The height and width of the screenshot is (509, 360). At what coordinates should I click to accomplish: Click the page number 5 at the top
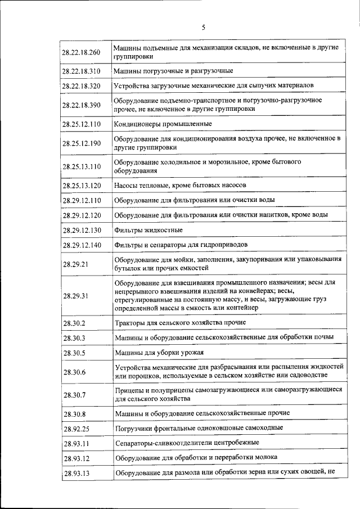(204, 27)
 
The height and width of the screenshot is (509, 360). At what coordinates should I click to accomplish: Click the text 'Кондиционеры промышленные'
(163, 124)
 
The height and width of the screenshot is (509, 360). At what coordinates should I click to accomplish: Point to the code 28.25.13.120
(82, 185)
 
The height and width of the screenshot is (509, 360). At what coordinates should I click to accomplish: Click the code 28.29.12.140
(82, 245)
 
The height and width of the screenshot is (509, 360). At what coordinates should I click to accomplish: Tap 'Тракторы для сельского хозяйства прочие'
(172, 323)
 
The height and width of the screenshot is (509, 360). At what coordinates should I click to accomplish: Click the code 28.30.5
(73, 353)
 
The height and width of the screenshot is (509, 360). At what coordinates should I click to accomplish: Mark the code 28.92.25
(75, 428)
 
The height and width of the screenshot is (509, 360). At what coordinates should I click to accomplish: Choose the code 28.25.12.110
(82, 124)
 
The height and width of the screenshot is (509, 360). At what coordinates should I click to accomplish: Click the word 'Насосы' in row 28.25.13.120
(127, 185)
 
